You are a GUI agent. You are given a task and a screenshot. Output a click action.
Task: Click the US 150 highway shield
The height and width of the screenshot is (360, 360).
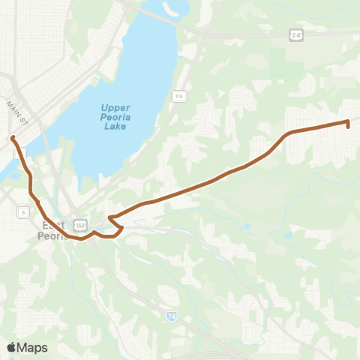(x=80, y=224)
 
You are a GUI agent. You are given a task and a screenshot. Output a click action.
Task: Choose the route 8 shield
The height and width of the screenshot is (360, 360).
(x=24, y=213)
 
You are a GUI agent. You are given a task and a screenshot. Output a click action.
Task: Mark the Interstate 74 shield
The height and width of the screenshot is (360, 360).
(x=172, y=316)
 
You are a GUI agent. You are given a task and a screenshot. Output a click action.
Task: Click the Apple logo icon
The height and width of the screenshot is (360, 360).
(x=12, y=347)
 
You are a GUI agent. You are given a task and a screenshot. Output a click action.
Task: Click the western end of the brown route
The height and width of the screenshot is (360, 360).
(x=12, y=137)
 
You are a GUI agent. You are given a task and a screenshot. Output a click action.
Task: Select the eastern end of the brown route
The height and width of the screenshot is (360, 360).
(x=348, y=125)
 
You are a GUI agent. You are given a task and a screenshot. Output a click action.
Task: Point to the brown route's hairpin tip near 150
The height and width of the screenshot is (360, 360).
(x=109, y=218)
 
